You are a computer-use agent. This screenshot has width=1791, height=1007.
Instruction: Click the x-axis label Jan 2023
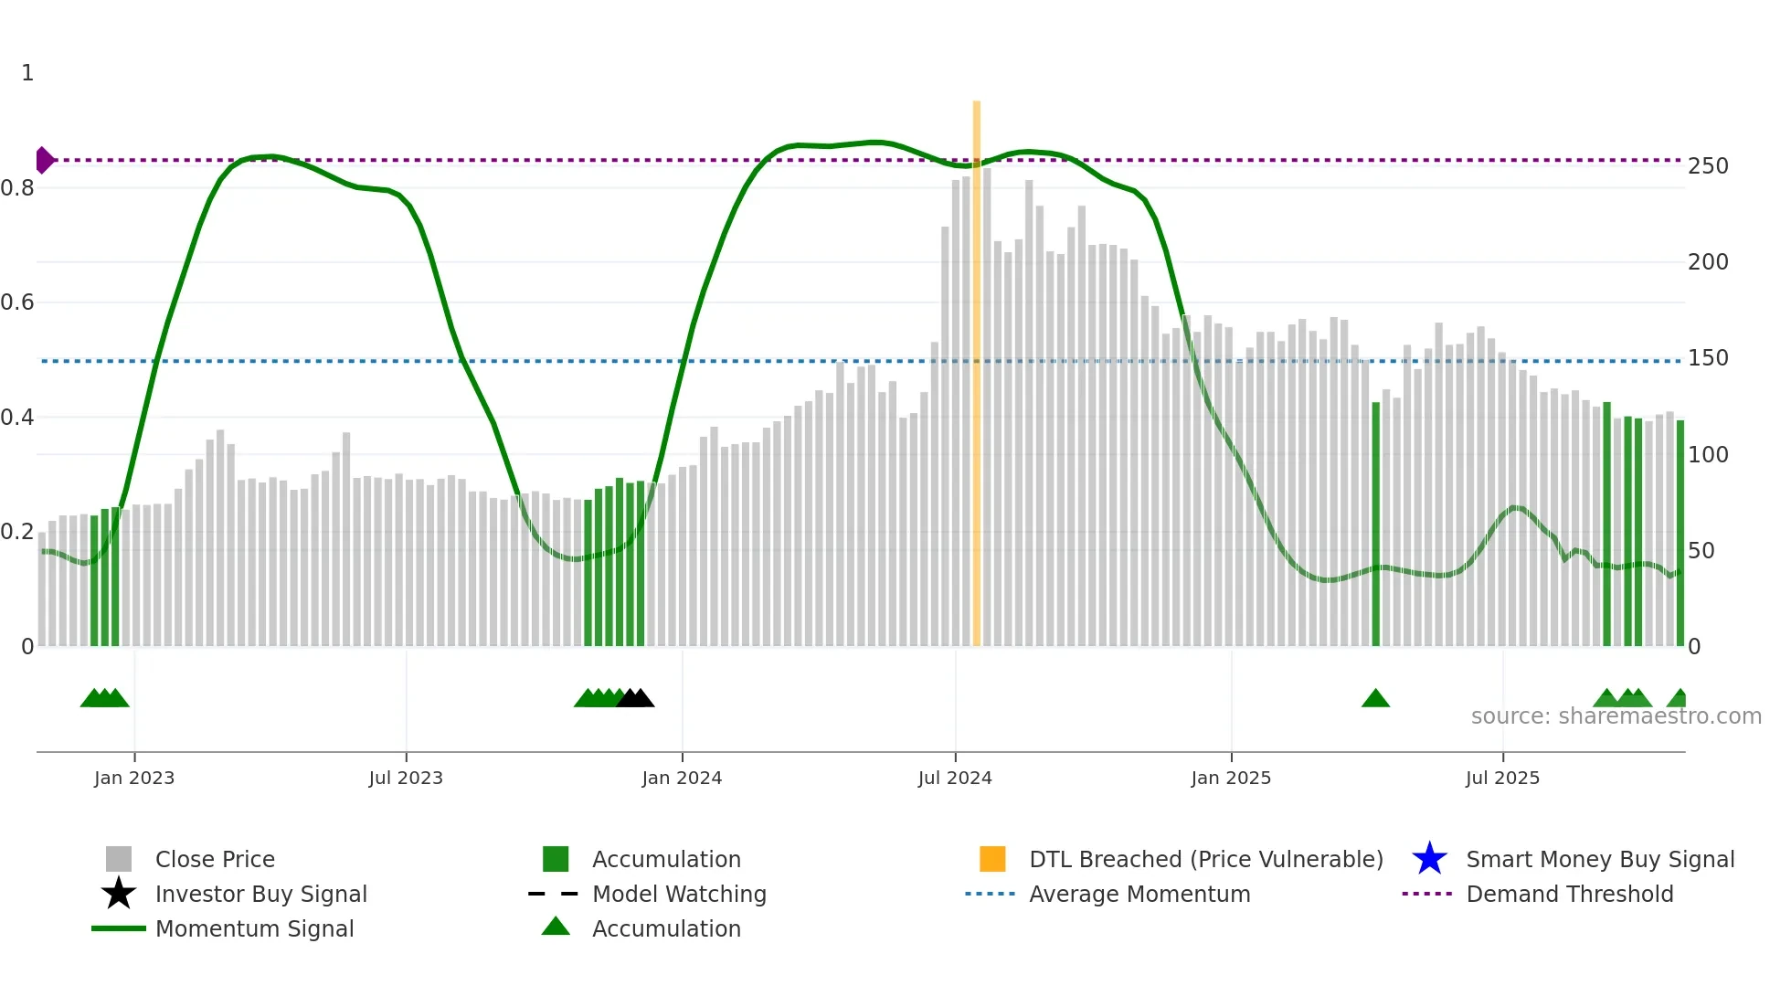click(134, 778)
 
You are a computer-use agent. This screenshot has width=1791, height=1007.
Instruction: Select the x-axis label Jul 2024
click(955, 778)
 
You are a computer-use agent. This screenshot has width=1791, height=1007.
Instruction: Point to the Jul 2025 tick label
click(1502, 778)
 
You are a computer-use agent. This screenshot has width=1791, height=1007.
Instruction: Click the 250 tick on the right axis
click(1708, 166)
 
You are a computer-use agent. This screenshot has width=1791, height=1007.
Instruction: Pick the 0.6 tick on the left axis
click(17, 302)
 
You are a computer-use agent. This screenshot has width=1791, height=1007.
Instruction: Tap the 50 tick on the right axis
click(1701, 551)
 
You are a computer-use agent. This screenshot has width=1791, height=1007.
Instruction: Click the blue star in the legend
click(1429, 859)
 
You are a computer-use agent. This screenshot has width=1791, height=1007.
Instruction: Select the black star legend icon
click(119, 894)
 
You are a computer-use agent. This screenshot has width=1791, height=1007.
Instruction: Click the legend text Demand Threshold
click(1569, 894)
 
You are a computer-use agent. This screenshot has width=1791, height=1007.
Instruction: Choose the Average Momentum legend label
click(1139, 894)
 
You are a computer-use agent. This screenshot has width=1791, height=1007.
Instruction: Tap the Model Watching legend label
click(679, 894)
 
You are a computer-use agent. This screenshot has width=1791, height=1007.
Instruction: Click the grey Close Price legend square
click(119, 859)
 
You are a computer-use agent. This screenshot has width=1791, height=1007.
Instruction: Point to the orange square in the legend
click(992, 859)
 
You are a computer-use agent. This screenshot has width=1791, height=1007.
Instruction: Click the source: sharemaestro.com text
click(1616, 716)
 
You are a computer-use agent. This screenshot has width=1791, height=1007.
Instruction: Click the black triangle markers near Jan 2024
click(635, 699)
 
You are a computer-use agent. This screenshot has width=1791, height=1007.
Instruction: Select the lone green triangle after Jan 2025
click(1375, 699)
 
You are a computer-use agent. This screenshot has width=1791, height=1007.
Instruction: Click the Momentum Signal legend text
click(254, 928)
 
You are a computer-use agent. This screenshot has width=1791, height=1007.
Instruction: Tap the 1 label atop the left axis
click(27, 73)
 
